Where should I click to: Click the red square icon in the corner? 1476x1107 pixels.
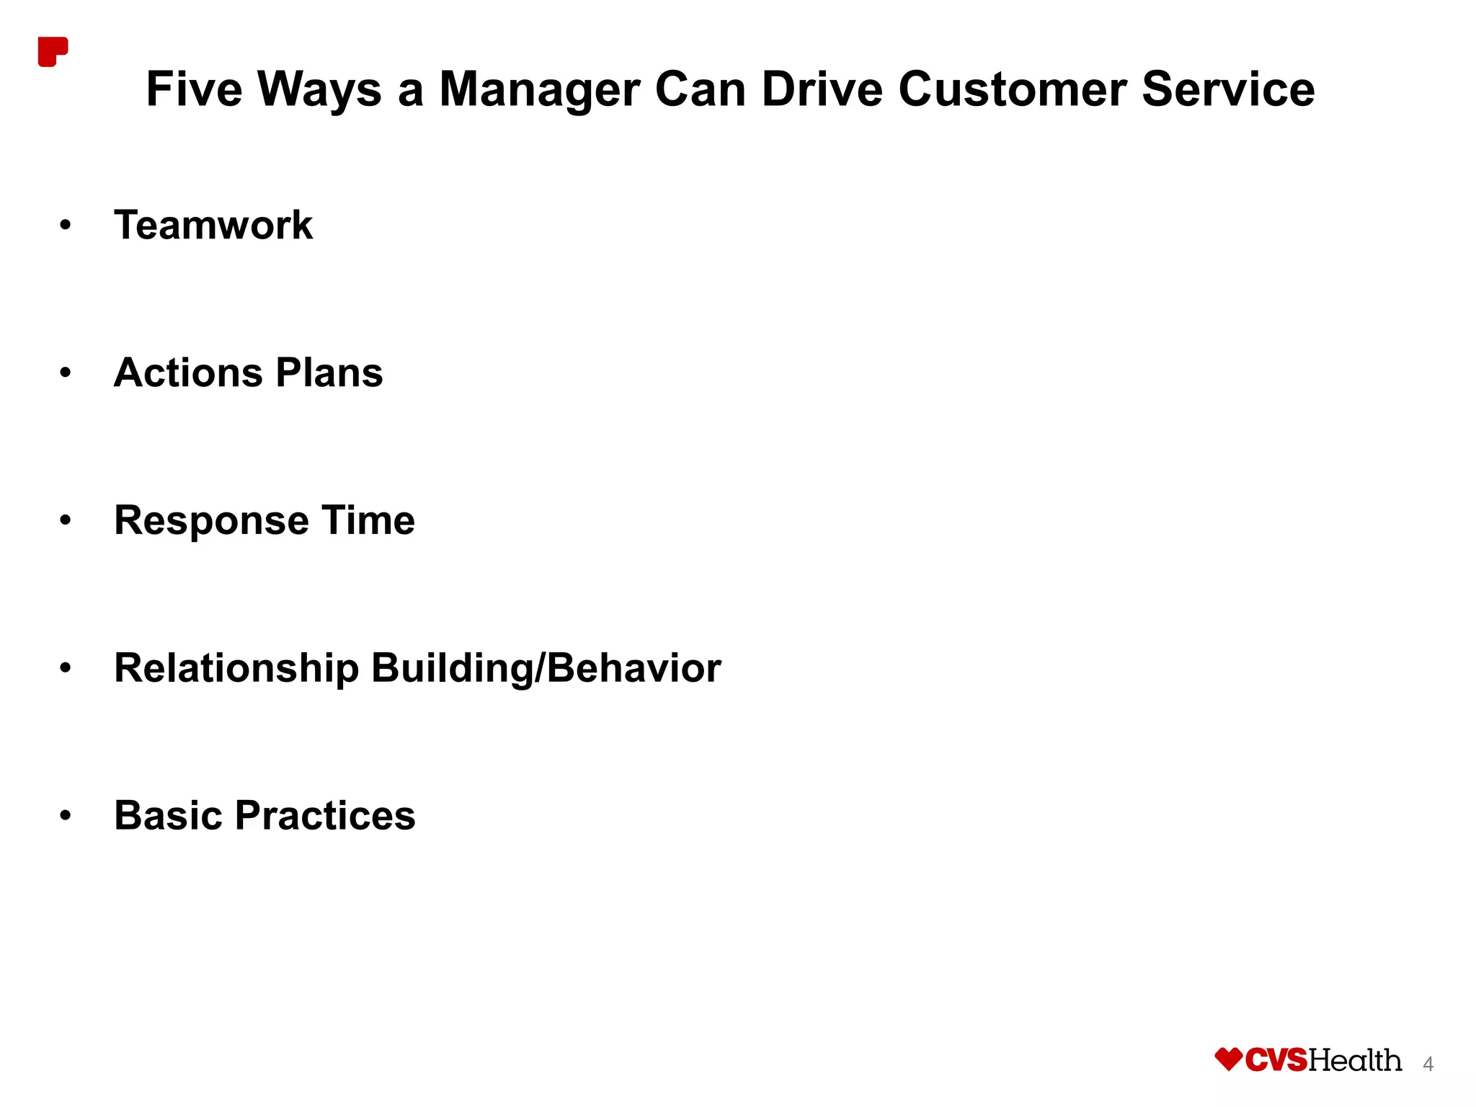point(52,51)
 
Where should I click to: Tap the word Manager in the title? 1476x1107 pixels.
point(539,89)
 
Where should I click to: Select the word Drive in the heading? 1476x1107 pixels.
point(822,89)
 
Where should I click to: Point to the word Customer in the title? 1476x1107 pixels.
point(1013,89)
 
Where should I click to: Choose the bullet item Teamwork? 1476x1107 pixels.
point(213,225)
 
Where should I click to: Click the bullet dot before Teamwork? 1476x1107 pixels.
point(66,226)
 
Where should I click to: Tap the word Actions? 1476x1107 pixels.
point(188,373)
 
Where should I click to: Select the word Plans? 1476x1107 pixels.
point(329,373)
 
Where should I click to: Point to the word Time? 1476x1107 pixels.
point(368,520)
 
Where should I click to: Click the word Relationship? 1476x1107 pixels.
point(236,668)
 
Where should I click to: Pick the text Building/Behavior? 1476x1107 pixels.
point(546,668)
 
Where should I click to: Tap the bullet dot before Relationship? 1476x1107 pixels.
point(66,669)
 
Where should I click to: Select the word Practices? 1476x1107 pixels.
point(325,815)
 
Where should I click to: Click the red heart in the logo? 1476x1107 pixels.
point(1228,1059)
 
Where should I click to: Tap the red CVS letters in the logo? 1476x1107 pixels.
point(1276,1060)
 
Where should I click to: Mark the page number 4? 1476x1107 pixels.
point(1428,1064)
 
